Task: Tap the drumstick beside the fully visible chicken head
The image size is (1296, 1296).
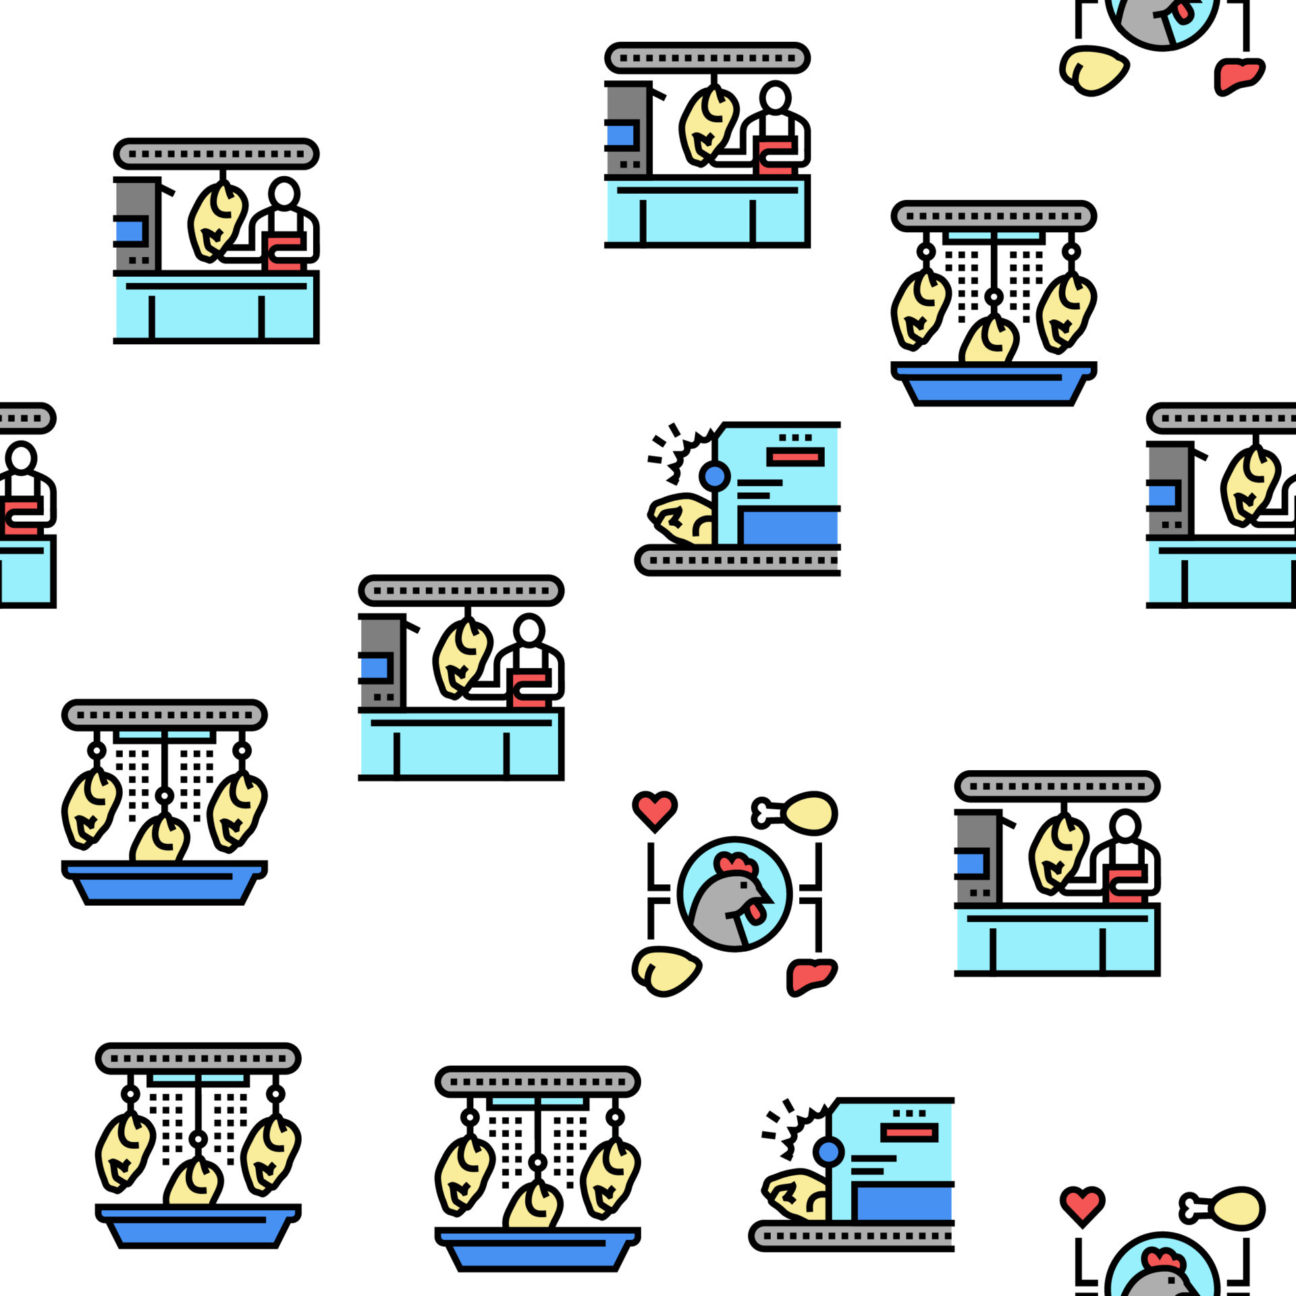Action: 809,812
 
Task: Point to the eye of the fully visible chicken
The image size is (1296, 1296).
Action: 744,885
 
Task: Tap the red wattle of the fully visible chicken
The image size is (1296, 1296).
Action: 757,912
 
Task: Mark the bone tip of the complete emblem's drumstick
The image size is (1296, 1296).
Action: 761,813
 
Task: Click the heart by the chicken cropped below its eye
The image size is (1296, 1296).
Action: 1082,1204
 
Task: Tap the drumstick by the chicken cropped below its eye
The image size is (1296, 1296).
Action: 1235,1208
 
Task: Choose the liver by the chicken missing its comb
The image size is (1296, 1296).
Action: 1238,74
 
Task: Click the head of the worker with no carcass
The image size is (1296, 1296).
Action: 21,458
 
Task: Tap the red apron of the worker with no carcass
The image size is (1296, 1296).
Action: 20,516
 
